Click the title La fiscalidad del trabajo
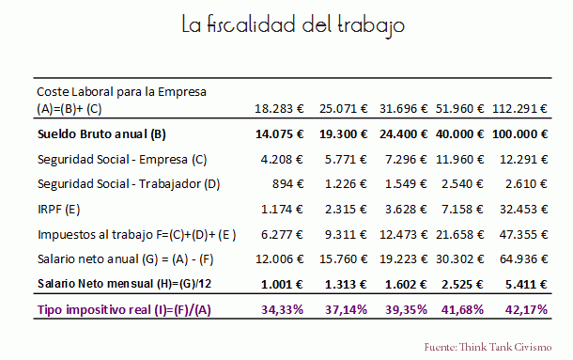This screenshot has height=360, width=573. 294,26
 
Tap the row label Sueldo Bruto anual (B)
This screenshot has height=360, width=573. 101,133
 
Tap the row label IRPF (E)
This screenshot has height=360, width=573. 58,208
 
